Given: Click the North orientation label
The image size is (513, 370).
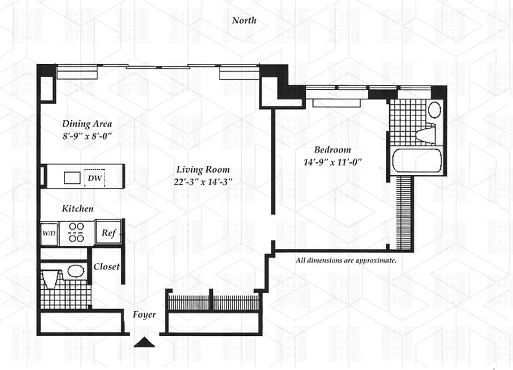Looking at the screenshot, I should point(244,20).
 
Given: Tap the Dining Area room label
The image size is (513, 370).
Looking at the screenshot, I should point(87,124).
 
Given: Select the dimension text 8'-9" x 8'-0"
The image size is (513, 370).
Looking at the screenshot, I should point(87,136).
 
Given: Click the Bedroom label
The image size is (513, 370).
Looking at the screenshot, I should point(332,150).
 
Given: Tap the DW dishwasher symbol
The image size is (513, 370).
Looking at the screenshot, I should point(94,178).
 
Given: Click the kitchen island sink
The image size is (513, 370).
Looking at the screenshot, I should point(72,178).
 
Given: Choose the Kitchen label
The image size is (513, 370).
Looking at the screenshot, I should point(78,209).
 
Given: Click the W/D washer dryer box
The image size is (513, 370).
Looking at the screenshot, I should point(49,234).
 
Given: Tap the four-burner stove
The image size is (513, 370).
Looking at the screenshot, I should point(76,233).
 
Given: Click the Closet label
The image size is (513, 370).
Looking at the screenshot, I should point(106,267).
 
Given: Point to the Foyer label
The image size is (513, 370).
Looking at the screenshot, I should point(144,315).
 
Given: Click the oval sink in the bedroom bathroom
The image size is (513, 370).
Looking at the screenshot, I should point(435,110).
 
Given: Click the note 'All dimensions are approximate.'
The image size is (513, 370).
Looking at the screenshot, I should point(346,260).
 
